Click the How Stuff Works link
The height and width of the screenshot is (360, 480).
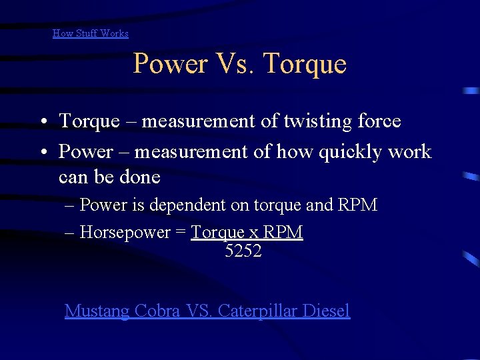pos(91,33)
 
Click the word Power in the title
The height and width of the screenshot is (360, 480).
pos(171,64)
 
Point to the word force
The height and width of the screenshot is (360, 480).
pos(379,121)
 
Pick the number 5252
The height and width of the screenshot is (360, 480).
pos(243,251)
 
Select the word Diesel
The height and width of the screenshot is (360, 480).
pos(326,311)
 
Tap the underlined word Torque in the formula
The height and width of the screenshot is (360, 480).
pos(218,233)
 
